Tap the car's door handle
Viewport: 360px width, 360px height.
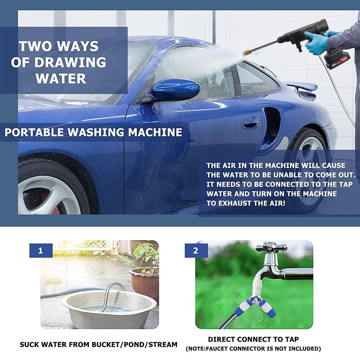point(251,123)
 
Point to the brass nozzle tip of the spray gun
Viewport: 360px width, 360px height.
point(248,53)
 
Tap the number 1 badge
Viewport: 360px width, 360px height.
point(41,251)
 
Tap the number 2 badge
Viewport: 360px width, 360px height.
point(196,251)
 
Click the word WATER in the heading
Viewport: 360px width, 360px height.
point(61,78)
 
